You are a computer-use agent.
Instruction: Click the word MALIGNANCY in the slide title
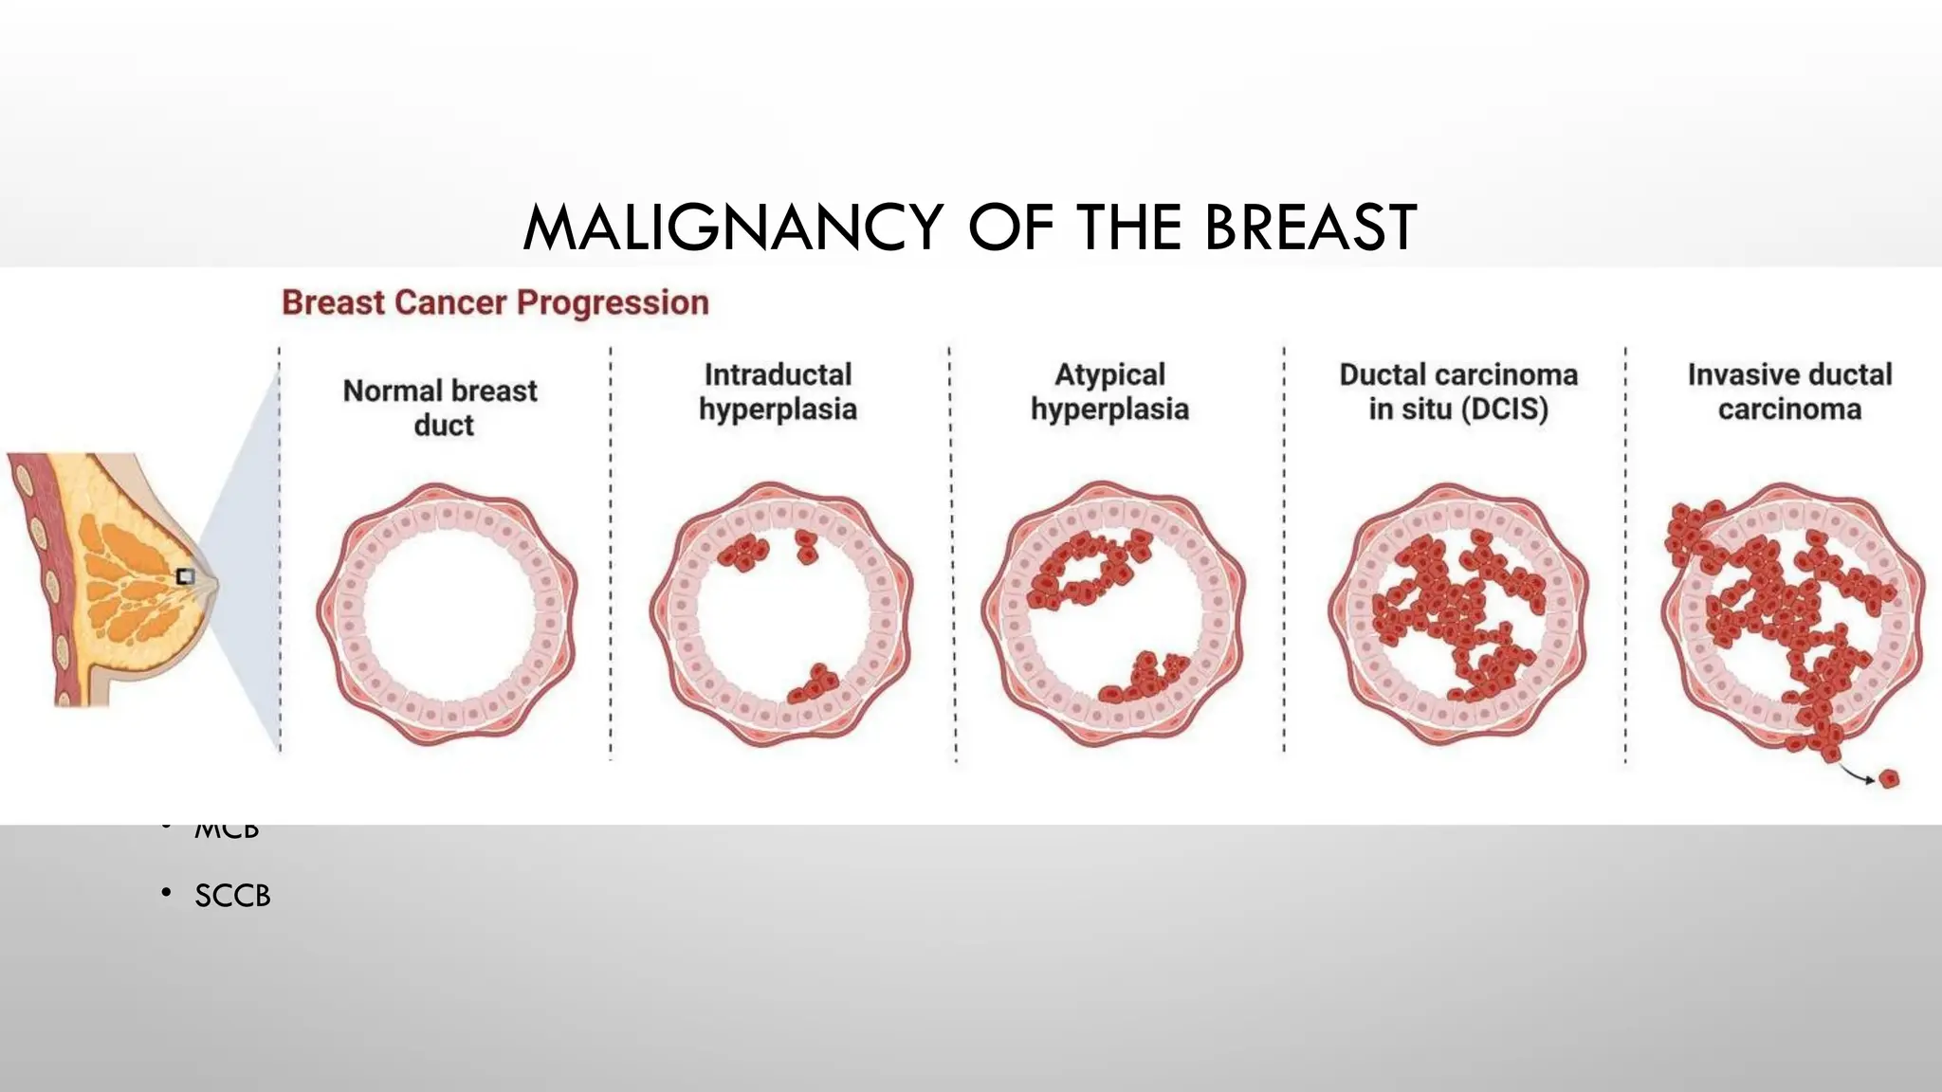732,228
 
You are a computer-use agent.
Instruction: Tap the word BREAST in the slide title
1310,228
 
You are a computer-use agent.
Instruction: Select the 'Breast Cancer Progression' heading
495,302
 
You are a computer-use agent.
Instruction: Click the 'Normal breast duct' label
441,408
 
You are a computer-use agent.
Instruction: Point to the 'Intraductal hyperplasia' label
778,391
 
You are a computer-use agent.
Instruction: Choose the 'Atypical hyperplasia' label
1109,391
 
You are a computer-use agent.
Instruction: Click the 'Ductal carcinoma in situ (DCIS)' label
1458,391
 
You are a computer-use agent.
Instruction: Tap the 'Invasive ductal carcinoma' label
1789,391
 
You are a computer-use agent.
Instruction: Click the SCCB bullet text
232,896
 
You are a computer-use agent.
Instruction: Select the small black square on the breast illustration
186,576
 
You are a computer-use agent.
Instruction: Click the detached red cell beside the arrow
1889,779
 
